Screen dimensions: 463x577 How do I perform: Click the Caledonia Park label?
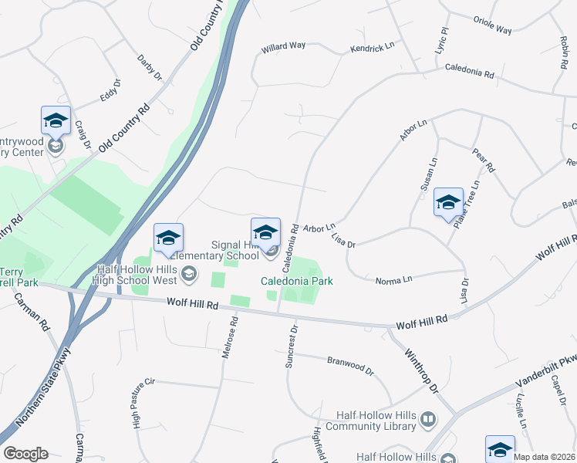click(x=297, y=282)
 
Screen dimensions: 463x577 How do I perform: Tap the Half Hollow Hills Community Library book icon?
click(x=427, y=421)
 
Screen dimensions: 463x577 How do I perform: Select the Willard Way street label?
click(x=283, y=46)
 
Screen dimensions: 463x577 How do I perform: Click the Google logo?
click(x=25, y=454)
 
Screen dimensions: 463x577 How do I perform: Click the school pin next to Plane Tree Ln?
click(x=448, y=203)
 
